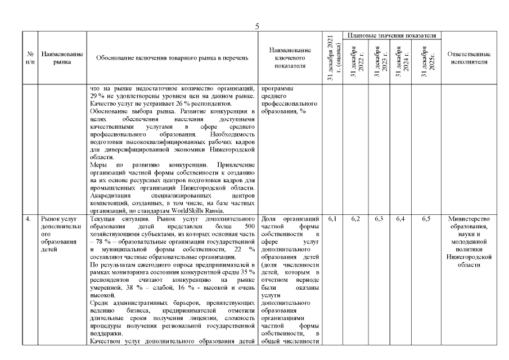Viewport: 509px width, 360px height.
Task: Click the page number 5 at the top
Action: (256, 26)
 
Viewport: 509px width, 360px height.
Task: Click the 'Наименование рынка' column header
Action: (62, 57)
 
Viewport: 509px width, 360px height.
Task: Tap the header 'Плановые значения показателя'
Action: (392, 35)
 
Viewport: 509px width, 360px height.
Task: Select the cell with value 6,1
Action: (332, 218)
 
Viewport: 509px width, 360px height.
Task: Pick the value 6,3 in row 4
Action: (379, 218)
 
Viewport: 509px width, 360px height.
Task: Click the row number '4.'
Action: (28, 218)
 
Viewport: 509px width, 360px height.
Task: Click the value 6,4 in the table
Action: (402, 218)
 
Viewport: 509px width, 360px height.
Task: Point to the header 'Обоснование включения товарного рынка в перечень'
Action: (172, 57)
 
